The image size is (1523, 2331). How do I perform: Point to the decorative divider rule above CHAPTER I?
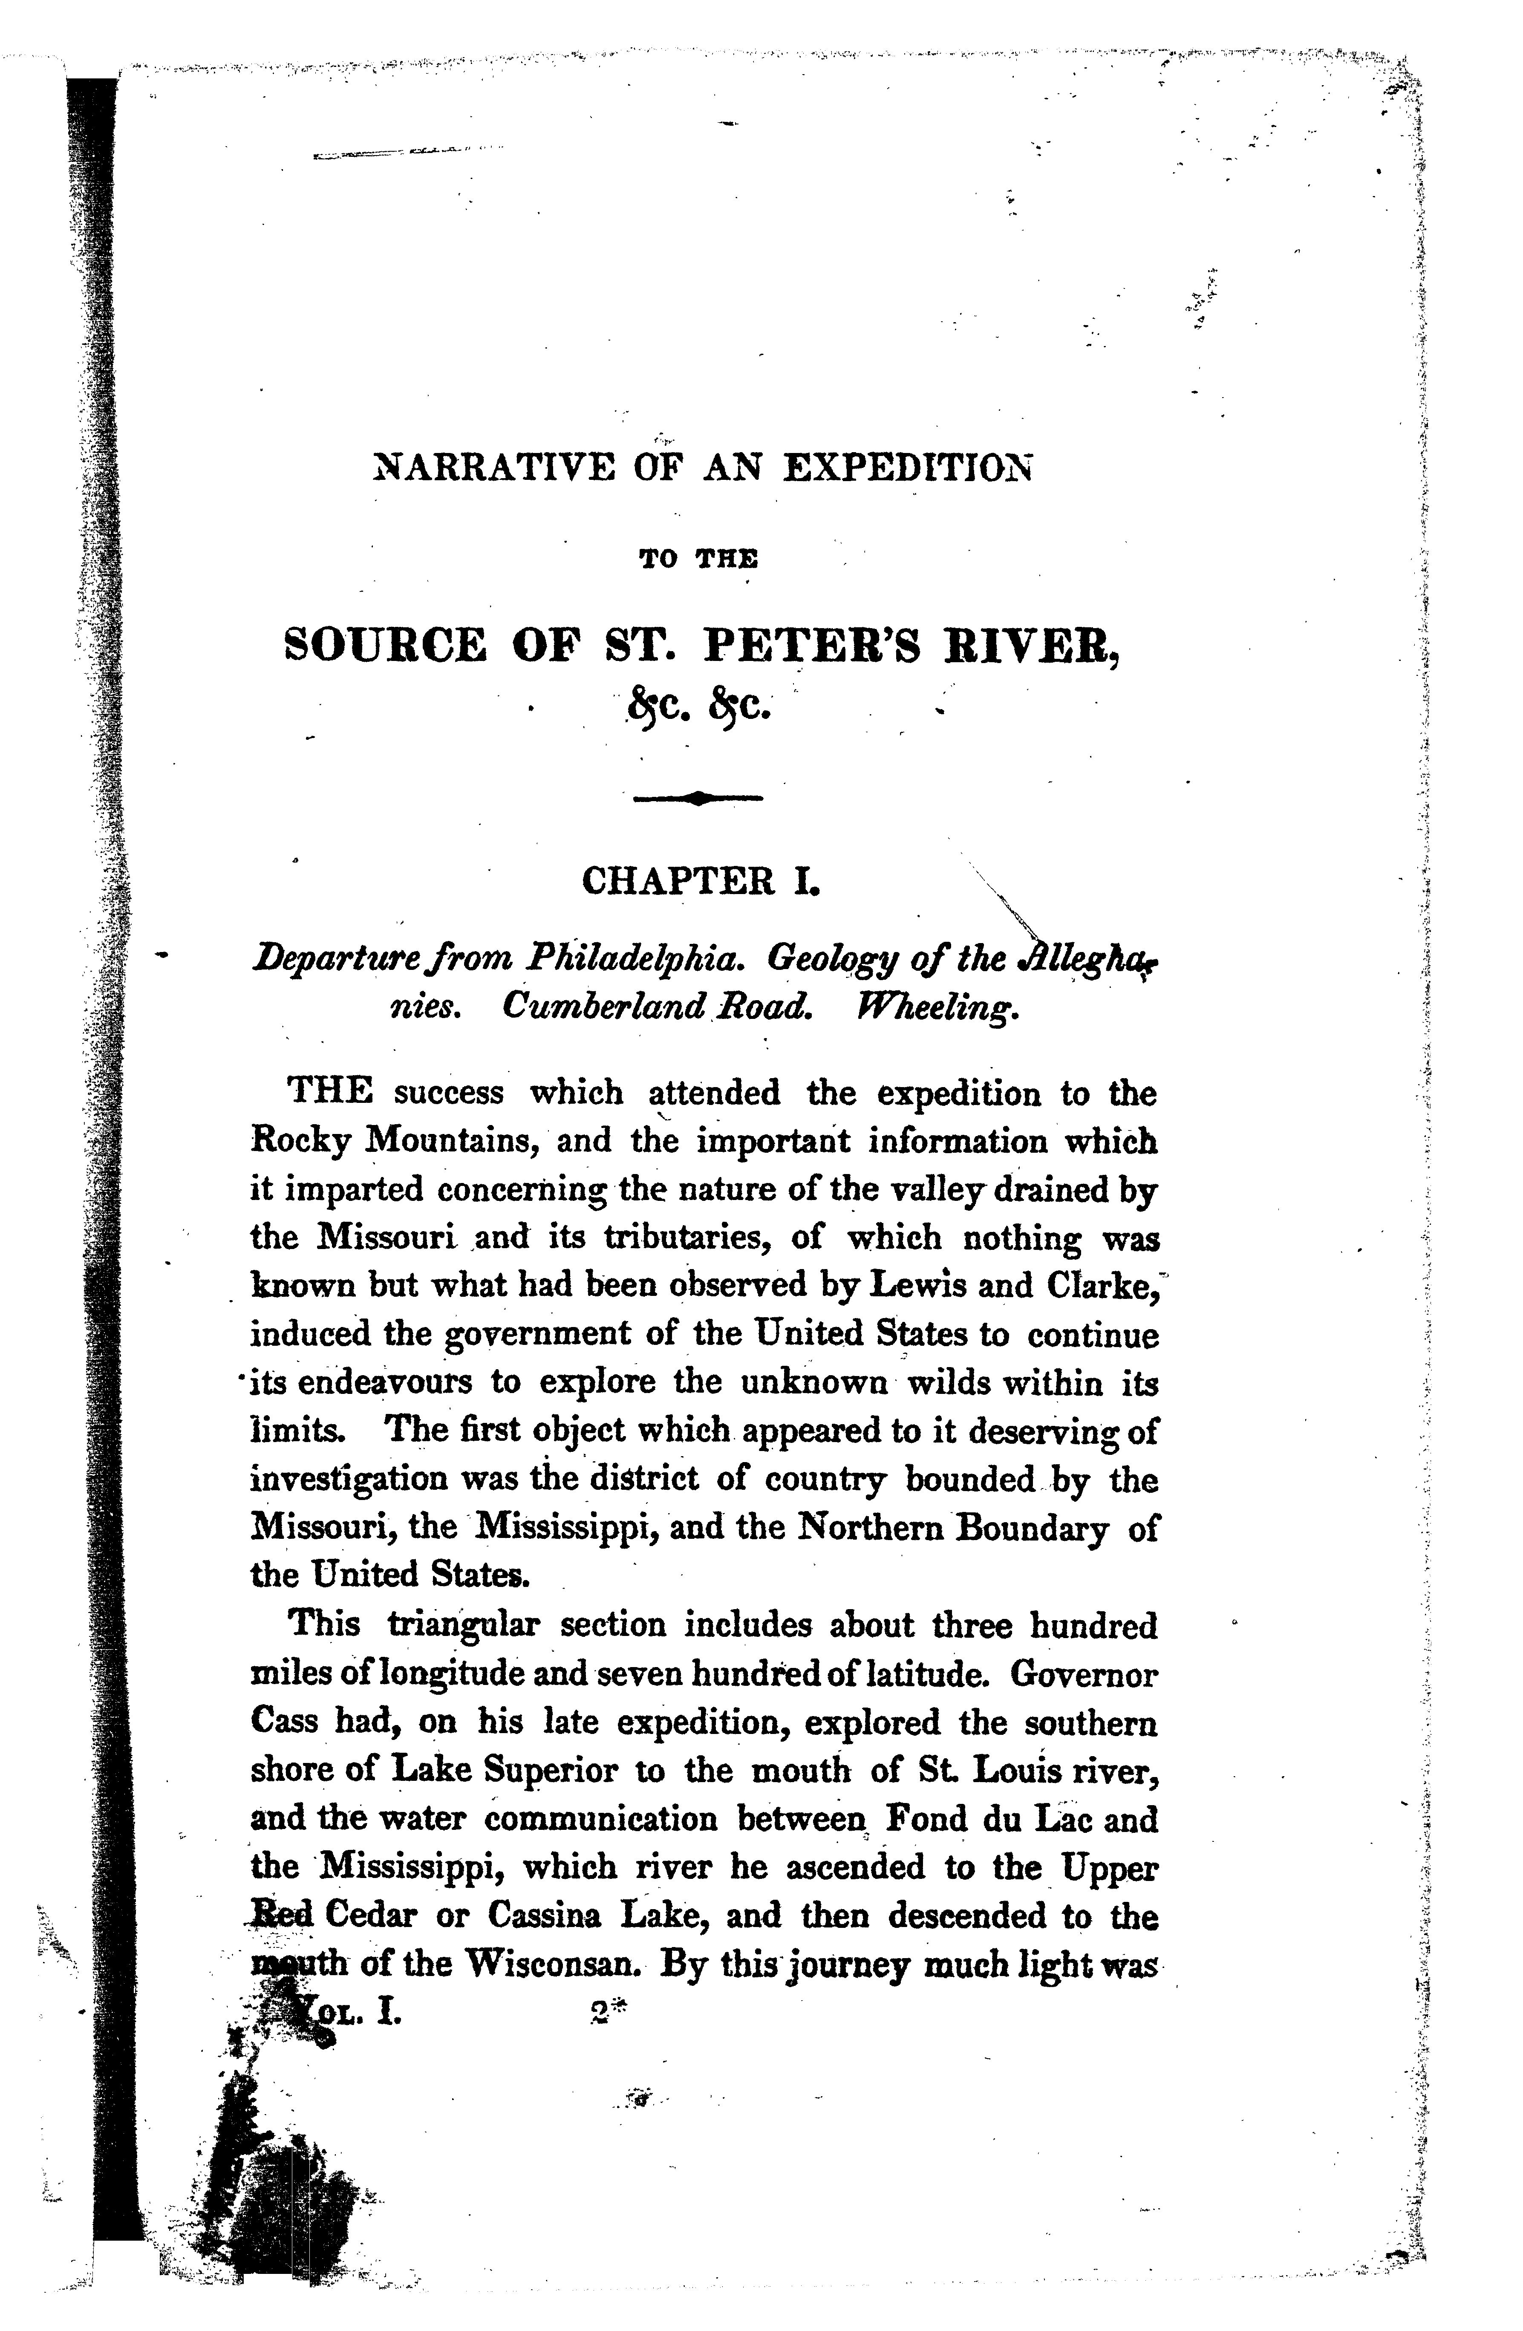tap(697, 798)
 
